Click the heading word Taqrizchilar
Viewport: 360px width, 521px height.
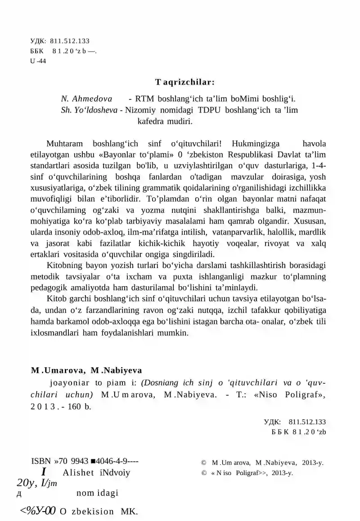[x=184, y=82]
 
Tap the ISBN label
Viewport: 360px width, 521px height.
[x=41, y=461]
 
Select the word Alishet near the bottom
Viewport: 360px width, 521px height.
[x=78, y=472]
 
